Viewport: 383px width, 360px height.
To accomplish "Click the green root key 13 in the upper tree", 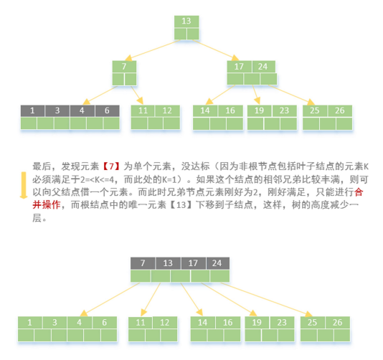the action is click(186, 22).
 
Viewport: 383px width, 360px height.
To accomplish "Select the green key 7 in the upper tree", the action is click(124, 67).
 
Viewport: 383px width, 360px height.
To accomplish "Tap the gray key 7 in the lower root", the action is click(143, 263).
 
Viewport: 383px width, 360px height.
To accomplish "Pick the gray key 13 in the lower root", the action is click(168, 263).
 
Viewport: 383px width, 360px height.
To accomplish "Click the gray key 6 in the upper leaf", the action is click(107, 110).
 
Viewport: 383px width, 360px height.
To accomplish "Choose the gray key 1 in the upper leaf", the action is click(32, 110).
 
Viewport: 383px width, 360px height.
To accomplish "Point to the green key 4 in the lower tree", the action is click(79, 323).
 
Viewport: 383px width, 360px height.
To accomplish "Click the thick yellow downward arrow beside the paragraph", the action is click(24, 185).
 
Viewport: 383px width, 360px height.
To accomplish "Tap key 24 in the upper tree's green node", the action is click(263, 67).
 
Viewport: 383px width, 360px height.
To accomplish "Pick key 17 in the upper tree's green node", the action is click(239, 67).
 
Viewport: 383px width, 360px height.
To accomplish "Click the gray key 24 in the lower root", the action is click(217, 263).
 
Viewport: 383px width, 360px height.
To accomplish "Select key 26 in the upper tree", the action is click(340, 110).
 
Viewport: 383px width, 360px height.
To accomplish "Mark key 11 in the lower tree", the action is click(141, 323).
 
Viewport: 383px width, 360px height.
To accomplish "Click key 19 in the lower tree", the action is click(257, 323).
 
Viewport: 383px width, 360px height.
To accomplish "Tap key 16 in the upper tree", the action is click(230, 110).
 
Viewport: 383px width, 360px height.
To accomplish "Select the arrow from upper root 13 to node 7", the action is click(153, 50).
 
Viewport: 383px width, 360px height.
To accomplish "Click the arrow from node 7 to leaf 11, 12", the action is click(137, 95).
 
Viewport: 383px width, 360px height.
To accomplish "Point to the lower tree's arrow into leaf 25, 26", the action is click(266, 300).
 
